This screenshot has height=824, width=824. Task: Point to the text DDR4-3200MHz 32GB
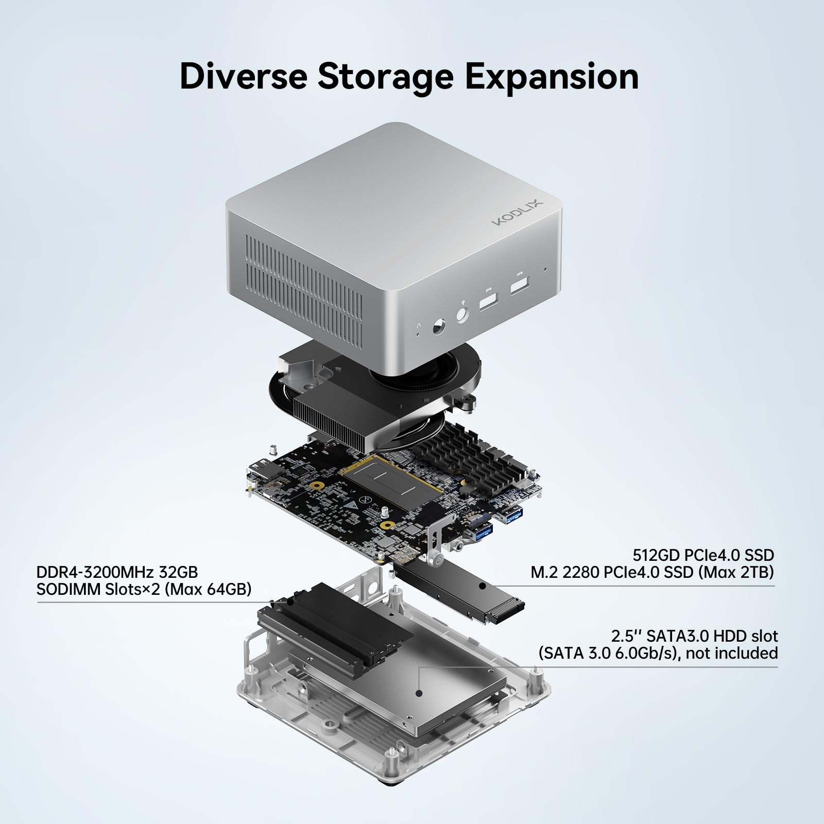117,572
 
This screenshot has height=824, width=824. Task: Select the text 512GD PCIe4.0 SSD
703,555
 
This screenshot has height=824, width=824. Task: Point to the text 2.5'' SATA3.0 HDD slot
694,636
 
